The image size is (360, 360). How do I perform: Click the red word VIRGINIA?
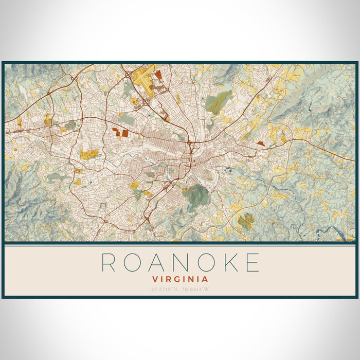click(x=180, y=279)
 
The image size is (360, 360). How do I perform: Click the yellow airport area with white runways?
click(x=142, y=79)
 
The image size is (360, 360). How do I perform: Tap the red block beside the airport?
click(x=158, y=75)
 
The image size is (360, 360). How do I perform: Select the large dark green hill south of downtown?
click(x=197, y=195)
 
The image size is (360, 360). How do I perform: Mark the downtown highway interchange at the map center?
click(x=190, y=142)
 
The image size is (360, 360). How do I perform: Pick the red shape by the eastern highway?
click(x=261, y=143)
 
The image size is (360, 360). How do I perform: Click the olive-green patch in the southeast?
click(x=246, y=221)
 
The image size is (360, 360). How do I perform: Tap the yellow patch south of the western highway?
click(x=88, y=153)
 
